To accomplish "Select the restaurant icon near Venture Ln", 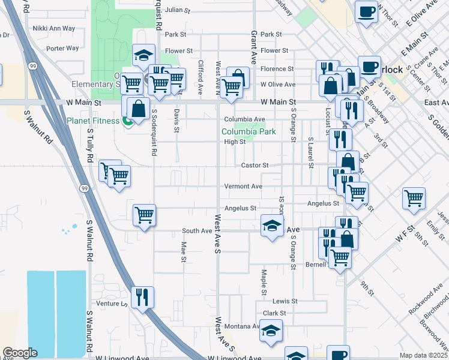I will coord(142,296).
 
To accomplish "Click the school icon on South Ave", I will coord(272,227).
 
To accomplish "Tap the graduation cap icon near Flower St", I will coord(143,56).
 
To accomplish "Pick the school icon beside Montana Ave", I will coord(271,332).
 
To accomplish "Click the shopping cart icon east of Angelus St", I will coord(414,198).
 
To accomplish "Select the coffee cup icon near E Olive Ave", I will coord(366,11).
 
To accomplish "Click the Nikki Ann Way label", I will coord(54,28).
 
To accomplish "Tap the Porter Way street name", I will coord(62,48).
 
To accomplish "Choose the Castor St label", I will coord(254,165).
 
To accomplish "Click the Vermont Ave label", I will coord(243,187).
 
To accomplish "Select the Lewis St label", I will coord(285,301).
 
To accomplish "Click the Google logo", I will coord(20,353).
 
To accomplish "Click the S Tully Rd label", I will coord(91,146).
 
